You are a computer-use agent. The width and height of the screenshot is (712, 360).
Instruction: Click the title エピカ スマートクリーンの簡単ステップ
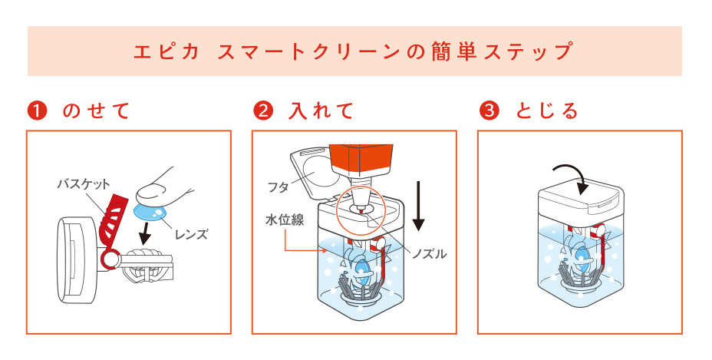coord(353,51)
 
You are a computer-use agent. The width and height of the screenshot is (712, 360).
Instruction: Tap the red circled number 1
coord(38,111)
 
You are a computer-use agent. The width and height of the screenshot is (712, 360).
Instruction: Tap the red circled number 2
coord(263,111)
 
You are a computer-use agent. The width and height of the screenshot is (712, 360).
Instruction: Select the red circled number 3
coord(489,111)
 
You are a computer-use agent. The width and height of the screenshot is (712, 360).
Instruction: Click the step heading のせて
coord(96,111)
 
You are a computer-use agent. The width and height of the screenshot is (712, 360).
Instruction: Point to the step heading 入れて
coord(321,111)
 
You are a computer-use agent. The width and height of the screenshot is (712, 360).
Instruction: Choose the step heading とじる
coord(547,111)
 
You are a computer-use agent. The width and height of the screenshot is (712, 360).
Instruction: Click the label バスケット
coord(84,184)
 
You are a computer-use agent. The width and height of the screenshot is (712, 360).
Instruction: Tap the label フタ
coord(279,187)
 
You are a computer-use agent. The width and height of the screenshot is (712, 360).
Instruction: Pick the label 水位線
coord(285,220)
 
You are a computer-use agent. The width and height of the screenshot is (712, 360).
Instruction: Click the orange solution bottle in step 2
coord(361,161)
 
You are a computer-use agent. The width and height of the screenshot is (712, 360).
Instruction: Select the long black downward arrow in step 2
coord(419,206)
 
